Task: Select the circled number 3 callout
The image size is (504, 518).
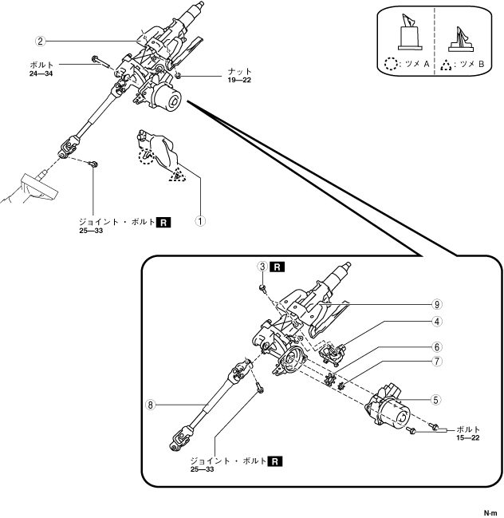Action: click(x=261, y=266)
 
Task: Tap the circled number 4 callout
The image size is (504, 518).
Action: click(x=438, y=322)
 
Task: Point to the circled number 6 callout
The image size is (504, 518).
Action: click(x=438, y=347)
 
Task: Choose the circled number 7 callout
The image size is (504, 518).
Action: click(x=438, y=362)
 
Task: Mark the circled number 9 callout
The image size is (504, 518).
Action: click(x=438, y=304)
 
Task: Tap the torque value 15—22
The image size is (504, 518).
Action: click(x=468, y=437)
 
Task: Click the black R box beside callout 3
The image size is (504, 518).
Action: click(x=277, y=266)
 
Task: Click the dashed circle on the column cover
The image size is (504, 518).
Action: click(x=144, y=157)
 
